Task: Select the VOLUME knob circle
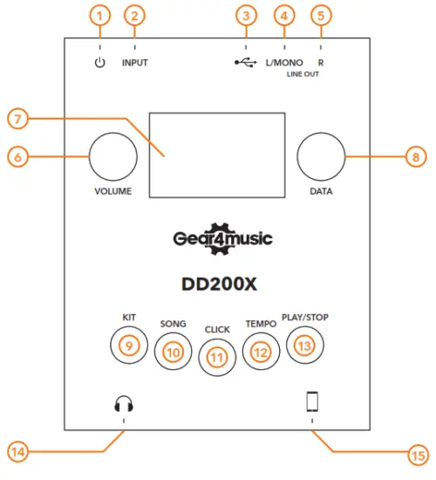click(113, 157)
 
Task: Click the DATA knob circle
click(321, 157)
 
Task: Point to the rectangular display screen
click(216, 154)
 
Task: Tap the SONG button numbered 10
click(172, 351)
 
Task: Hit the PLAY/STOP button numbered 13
click(303, 346)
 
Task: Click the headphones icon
click(124, 403)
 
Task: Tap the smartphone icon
click(312, 402)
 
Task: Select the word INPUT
click(135, 64)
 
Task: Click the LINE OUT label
click(303, 75)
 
